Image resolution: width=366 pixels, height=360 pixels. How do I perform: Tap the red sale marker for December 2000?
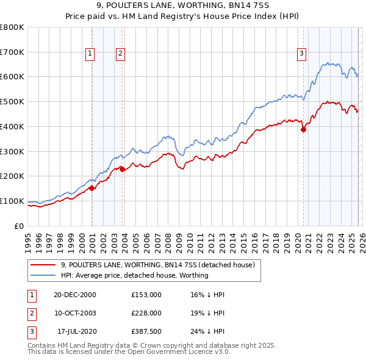point(91,189)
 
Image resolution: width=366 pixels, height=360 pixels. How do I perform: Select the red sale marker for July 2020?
point(303,129)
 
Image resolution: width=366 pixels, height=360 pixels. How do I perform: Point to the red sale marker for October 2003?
point(122,169)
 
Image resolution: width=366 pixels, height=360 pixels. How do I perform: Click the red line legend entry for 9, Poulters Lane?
point(161,265)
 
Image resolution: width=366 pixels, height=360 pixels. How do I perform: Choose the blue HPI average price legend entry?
point(134,275)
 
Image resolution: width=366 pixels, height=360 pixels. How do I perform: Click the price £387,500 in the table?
point(146,332)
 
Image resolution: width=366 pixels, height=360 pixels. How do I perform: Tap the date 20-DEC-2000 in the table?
point(75,294)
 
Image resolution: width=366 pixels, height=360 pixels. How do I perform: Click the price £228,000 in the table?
point(146,313)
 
